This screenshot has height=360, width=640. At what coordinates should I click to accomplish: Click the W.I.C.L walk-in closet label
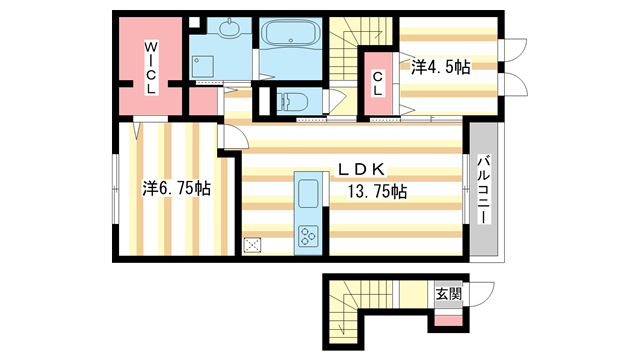149,65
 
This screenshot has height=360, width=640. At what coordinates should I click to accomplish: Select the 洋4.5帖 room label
440,67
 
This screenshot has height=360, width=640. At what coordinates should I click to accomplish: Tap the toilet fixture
293,100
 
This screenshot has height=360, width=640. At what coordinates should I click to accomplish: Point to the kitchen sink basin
305,192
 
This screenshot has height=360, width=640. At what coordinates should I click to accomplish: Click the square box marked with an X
252,243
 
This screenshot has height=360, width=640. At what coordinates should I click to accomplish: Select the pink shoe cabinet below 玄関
448,319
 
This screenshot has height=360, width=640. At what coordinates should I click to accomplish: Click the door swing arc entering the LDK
232,141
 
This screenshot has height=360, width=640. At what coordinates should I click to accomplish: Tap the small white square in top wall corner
196,22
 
